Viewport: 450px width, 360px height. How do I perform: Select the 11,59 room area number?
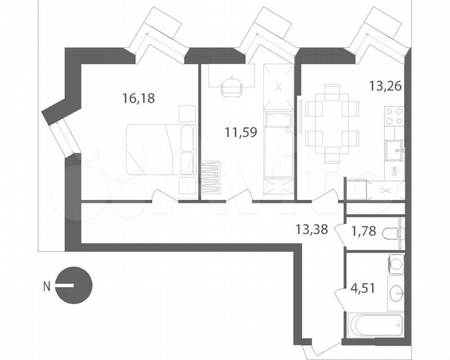[241, 131]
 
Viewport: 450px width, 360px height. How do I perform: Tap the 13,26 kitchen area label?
[385, 85]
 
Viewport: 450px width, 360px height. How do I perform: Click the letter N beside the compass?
[47, 287]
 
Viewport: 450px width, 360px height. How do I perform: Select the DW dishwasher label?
[394, 170]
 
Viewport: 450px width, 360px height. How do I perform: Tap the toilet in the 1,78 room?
[396, 234]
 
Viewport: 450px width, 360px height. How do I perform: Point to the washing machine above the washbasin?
[396, 265]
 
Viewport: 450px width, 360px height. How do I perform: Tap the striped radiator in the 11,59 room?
[211, 178]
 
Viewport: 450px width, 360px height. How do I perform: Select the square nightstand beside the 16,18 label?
[187, 113]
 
